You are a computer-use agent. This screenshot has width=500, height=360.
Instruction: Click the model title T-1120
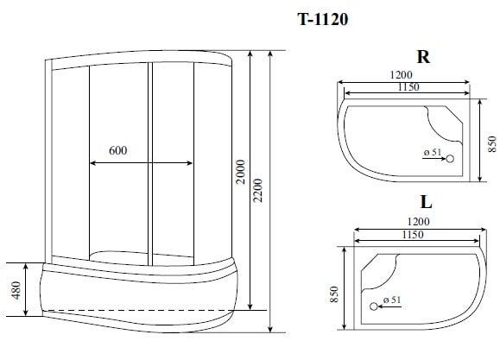324,19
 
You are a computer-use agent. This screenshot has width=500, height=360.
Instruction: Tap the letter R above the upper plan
423,58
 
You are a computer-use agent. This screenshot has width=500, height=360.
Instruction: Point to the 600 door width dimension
119,150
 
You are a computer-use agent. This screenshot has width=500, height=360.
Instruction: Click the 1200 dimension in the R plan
401,75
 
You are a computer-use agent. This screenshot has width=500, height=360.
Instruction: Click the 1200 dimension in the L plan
416,221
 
